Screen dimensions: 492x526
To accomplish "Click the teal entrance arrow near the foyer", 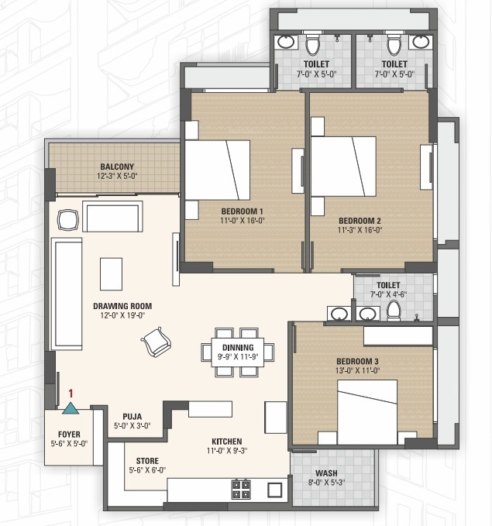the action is (71, 407).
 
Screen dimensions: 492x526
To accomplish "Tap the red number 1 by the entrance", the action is (71, 394).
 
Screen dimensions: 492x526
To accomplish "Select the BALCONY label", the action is (117, 167).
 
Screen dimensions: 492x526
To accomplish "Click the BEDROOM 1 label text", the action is (242, 211).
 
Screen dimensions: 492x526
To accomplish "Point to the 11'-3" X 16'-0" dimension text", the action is (360, 230).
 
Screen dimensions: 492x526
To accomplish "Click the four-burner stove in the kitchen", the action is (241, 490).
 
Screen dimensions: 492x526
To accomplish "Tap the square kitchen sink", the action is (274, 490).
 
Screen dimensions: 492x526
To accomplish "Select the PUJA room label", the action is (132, 417).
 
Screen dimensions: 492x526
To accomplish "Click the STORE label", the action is (147, 461).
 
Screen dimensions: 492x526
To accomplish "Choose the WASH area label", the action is (326, 473).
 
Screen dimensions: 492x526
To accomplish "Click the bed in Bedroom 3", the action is (367, 412).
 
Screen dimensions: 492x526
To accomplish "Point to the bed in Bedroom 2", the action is (343, 167).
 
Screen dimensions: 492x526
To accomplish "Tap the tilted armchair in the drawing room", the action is (156, 342).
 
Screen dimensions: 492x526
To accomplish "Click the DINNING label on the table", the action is (238, 348).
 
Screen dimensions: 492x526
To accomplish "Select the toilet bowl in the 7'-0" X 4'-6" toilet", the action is (394, 311).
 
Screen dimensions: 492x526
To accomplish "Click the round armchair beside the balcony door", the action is (68, 220).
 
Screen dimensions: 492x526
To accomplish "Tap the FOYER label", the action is (69, 435).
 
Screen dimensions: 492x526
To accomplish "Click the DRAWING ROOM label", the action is (122, 306).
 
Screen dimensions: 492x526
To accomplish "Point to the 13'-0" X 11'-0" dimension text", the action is (357, 370).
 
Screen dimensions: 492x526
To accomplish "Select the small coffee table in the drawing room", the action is (111, 274).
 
